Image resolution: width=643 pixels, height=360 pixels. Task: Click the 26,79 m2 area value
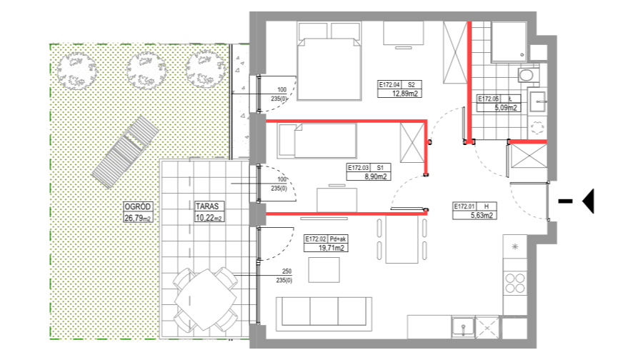pyautogui.click(x=138, y=217)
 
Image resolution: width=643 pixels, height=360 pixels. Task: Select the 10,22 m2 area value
pyautogui.click(x=209, y=216)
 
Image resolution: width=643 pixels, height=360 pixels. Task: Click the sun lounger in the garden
pyautogui.click(x=125, y=151)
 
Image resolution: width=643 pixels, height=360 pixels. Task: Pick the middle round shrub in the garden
pyautogui.click(x=146, y=70)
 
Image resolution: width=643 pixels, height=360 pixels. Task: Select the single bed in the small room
pyautogui.click(x=326, y=140)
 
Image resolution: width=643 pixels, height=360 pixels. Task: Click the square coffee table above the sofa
pyautogui.click(x=324, y=269)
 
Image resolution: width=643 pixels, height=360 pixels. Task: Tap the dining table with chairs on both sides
pyautogui.click(x=402, y=239)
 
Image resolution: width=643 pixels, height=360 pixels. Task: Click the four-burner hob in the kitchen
pyautogui.click(x=514, y=282)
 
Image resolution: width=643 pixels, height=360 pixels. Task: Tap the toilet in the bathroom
pyautogui.click(x=527, y=74)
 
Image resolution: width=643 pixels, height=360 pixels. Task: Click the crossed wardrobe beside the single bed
pyautogui.click(x=412, y=143)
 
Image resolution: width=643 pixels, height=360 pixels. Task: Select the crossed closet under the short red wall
pyautogui.click(x=529, y=156)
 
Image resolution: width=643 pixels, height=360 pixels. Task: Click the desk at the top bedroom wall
pyautogui.click(x=403, y=34)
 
